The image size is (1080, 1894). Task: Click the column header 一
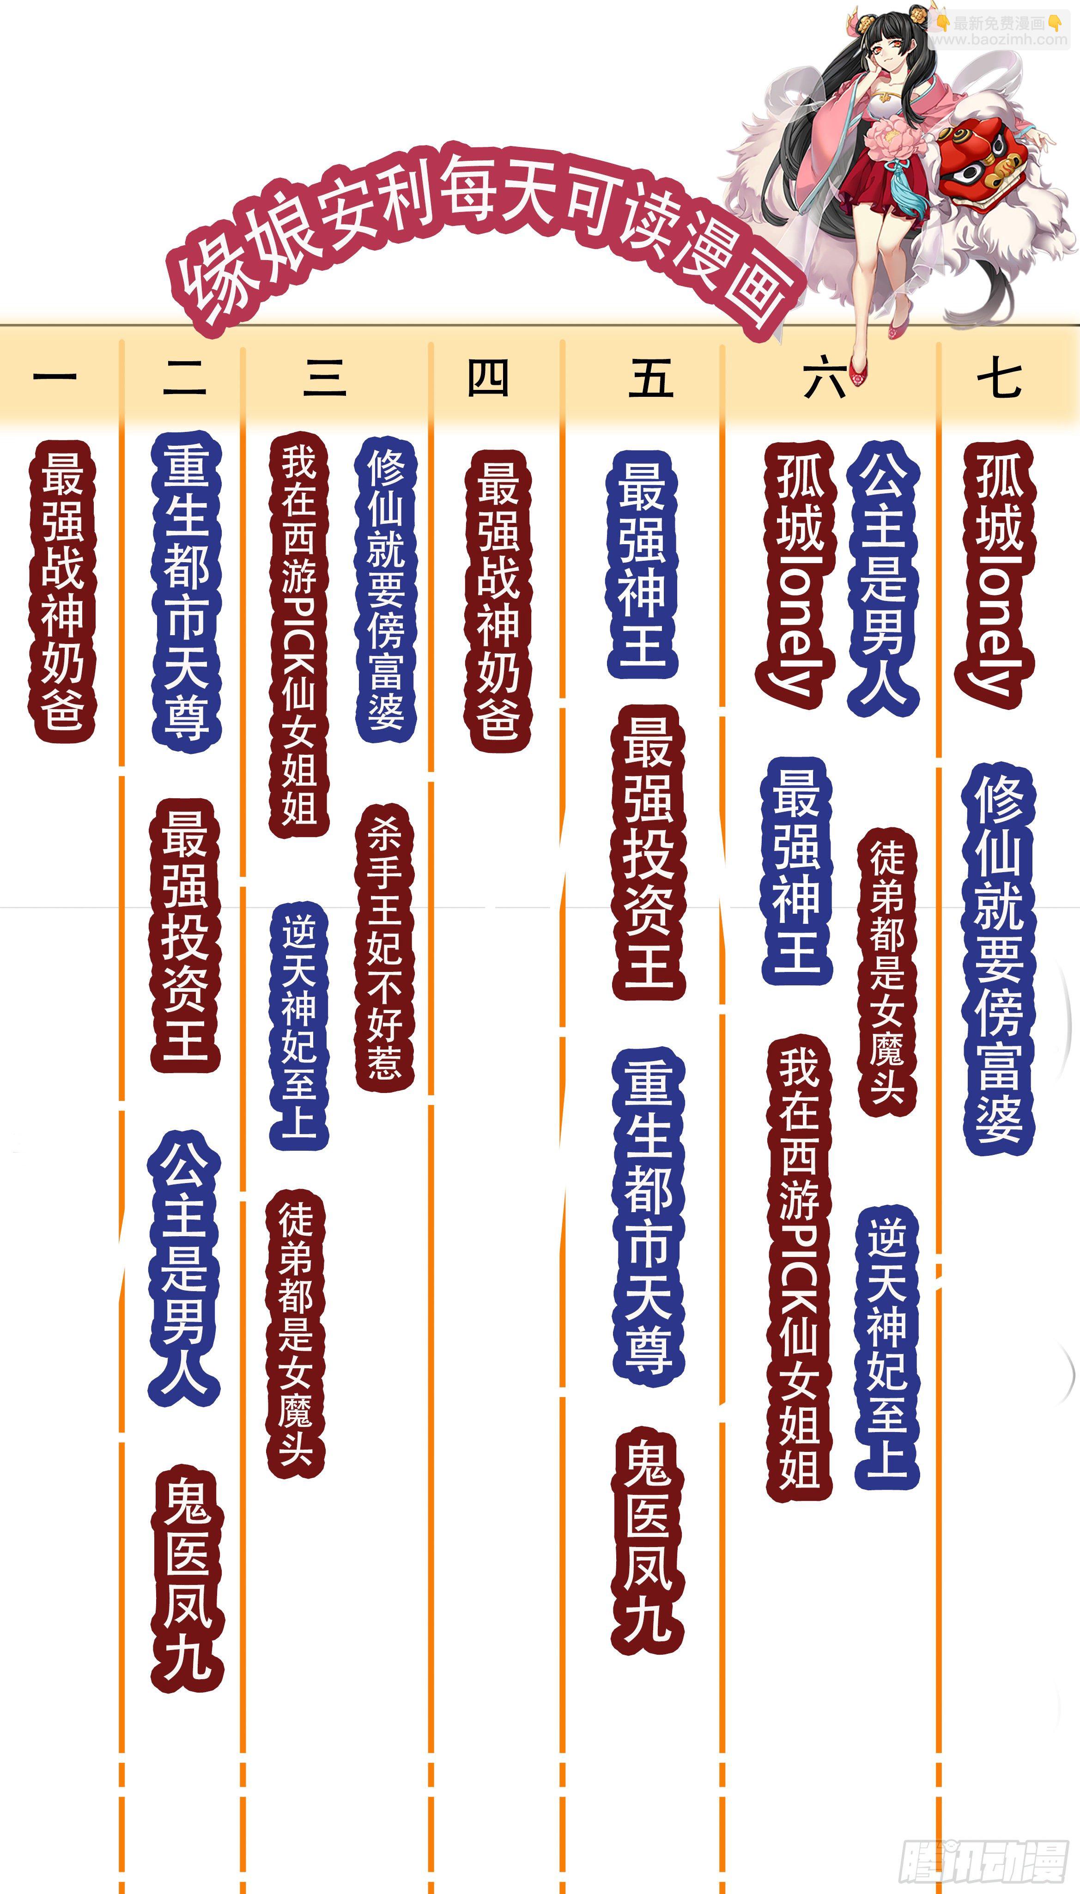[x=55, y=377]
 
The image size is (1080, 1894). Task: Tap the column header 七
[x=999, y=377]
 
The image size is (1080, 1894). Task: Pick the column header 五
[x=650, y=377]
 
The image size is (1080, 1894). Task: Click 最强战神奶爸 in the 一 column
[x=62, y=591]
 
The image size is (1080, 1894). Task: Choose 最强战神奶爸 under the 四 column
[x=498, y=601]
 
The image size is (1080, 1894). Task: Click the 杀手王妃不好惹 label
[x=385, y=949]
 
